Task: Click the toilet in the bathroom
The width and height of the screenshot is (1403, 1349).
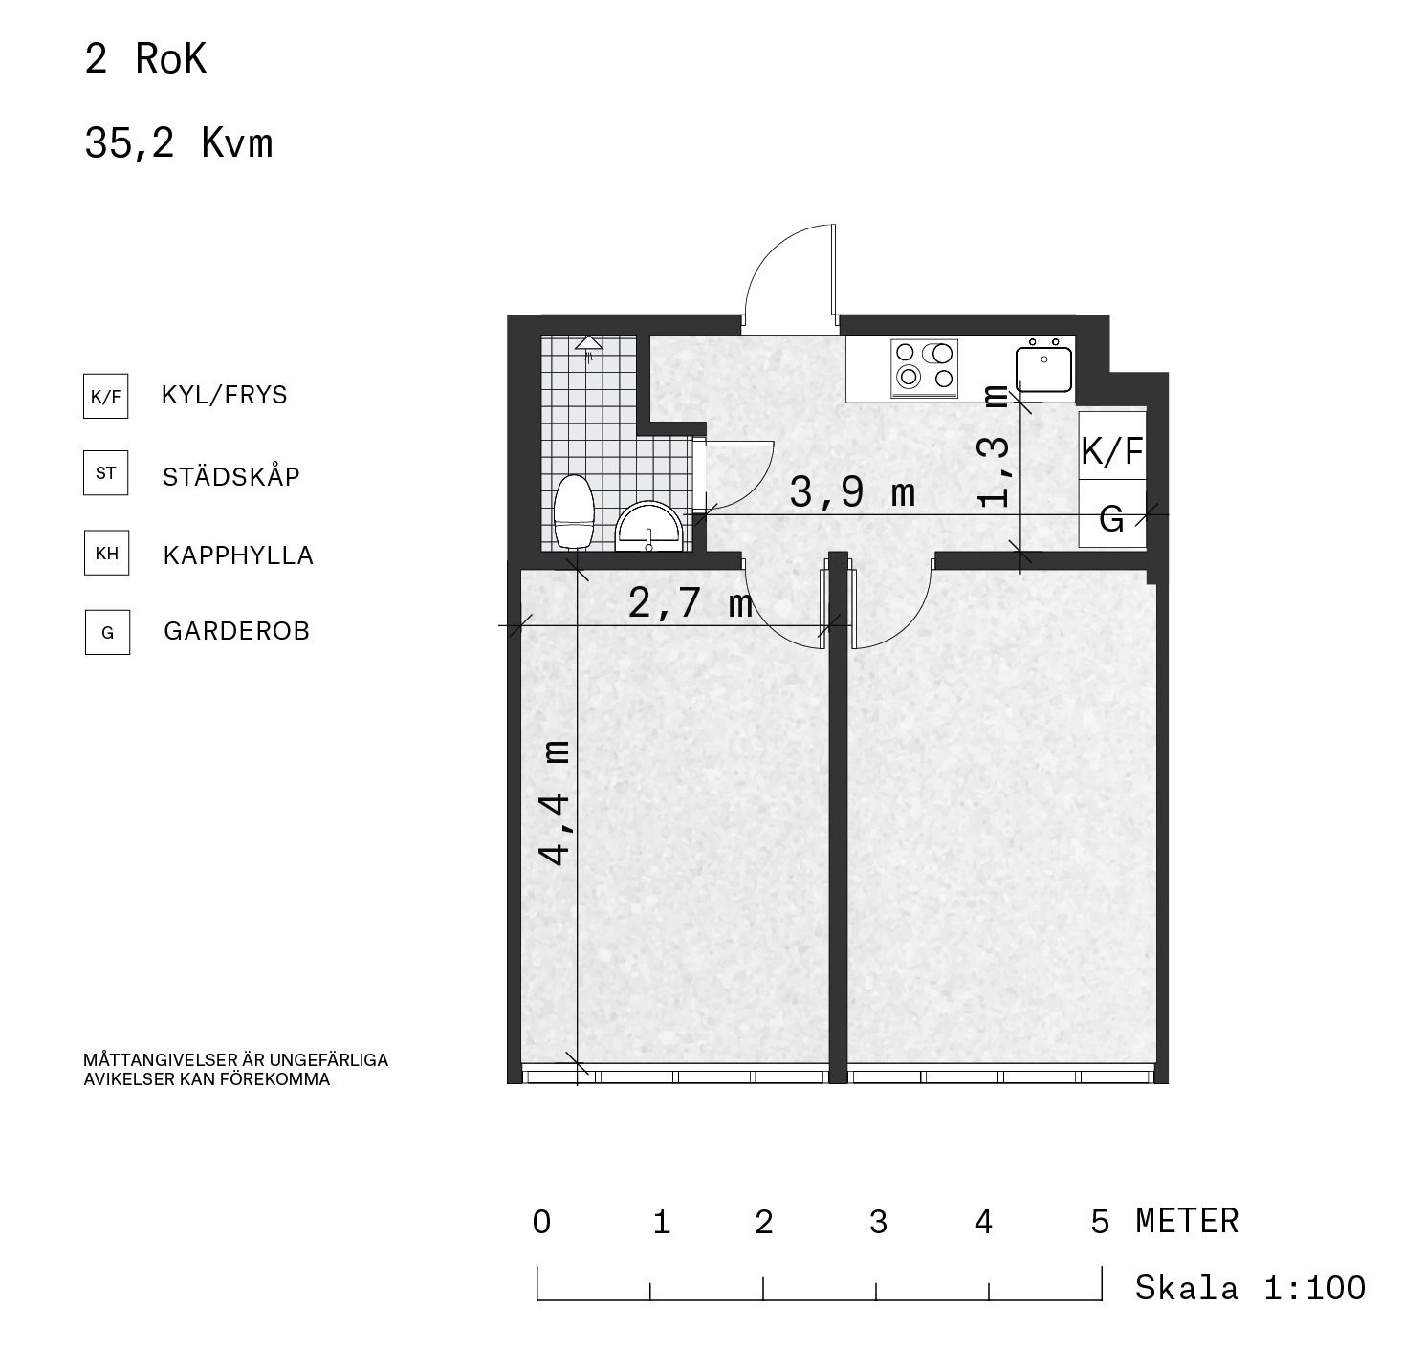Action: [574, 511]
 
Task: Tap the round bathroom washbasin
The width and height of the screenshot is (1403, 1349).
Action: [648, 527]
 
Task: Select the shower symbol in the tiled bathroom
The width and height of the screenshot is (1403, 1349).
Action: [589, 347]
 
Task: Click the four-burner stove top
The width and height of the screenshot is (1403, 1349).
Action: [924, 368]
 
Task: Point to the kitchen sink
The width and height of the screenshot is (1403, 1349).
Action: [1043, 366]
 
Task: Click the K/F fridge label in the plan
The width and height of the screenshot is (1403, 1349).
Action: [1112, 451]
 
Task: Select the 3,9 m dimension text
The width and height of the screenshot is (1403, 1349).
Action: [852, 493]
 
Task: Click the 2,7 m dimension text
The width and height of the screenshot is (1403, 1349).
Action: [691, 602]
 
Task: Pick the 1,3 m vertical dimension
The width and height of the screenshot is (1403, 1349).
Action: [994, 446]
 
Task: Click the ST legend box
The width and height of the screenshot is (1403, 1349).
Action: [106, 473]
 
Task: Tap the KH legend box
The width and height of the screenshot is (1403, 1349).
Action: [107, 553]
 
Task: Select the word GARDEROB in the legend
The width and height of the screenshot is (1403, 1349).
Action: [236, 631]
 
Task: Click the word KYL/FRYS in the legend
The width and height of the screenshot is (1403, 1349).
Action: [224, 395]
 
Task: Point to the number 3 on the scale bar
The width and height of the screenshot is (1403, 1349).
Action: [878, 1222]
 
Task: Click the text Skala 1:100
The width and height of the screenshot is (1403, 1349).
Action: [1250, 1288]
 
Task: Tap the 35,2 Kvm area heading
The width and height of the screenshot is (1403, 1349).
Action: [179, 142]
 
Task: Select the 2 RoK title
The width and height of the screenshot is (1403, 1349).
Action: [145, 59]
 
